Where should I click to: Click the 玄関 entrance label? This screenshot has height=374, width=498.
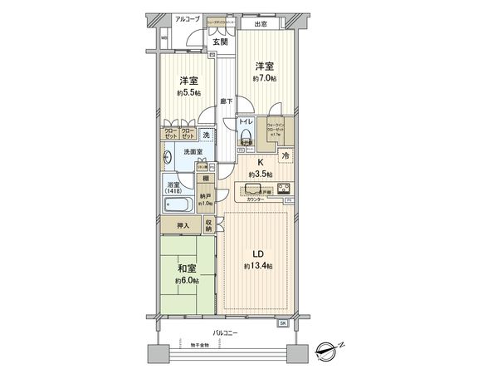click(x=219, y=42)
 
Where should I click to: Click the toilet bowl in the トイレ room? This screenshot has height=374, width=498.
click(x=246, y=136)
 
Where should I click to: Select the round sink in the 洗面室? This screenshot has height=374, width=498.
click(x=169, y=155)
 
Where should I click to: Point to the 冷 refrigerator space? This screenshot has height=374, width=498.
click(x=284, y=156)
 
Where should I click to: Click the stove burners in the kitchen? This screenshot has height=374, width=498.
click(x=283, y=187)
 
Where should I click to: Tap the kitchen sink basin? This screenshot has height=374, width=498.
click(x=255, y=189)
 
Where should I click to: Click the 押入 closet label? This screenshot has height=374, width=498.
click(x=183, y=225)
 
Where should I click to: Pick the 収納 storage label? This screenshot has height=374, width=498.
click(x=209, y=225)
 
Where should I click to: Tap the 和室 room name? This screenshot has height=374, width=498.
click(x=185, y=268)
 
